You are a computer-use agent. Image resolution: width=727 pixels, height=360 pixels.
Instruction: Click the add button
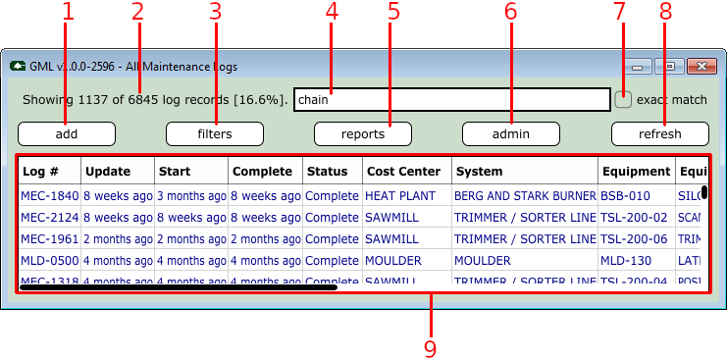click(x=67, y=134)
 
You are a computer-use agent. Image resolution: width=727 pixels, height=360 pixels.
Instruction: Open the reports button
click(x=363, y=134)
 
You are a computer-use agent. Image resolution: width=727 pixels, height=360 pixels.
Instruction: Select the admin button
click(x=511, y=134)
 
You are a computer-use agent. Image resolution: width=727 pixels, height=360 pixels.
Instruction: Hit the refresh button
click(x=659, y=134)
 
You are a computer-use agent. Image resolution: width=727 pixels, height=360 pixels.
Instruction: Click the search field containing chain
click(x=451, y=99)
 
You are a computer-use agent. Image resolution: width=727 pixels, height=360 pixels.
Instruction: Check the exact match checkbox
click(x=623, y=99)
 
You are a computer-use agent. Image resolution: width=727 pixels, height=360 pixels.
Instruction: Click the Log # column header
click(x=48, y=171)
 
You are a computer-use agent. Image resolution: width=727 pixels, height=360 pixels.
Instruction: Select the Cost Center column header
click(x=402, y=171)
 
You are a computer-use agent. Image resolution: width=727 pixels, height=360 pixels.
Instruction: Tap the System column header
click(x=525, y=171)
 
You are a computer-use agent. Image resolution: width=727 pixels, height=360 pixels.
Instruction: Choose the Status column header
click(x=333, y=171)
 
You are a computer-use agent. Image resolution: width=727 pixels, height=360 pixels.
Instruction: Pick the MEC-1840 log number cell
click(x=49, y=195)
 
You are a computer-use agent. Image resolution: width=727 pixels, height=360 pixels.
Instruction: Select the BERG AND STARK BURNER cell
click(x=525, y=195)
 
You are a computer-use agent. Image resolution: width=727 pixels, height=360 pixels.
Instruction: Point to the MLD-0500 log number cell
click(x=49, y=261)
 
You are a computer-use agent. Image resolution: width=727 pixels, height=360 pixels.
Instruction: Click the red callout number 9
click(x=429, y=347)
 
